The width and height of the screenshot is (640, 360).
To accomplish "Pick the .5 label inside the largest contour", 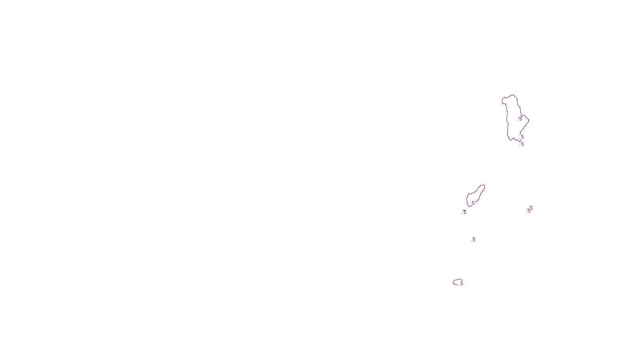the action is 520,119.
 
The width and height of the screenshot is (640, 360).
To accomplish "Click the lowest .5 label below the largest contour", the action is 522,144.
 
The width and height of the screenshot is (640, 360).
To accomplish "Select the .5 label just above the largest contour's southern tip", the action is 522,137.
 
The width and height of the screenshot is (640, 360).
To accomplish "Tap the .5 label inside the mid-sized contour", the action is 473,203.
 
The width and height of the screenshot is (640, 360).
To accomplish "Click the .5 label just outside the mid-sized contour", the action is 464,212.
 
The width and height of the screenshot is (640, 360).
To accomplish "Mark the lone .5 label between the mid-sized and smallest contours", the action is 474,240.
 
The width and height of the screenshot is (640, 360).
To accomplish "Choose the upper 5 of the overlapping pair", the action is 531,208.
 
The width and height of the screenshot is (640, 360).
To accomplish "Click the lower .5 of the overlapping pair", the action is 528,211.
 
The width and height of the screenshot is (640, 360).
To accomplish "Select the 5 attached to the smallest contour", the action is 461,284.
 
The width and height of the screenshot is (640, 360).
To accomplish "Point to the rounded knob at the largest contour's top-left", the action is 504,100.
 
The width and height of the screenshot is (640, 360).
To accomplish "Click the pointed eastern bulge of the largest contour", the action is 528,119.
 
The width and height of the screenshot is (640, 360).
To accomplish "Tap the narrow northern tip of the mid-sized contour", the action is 483,186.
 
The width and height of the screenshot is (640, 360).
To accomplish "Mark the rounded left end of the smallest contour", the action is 454,282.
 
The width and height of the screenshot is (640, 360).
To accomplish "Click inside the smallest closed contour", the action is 458,282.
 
